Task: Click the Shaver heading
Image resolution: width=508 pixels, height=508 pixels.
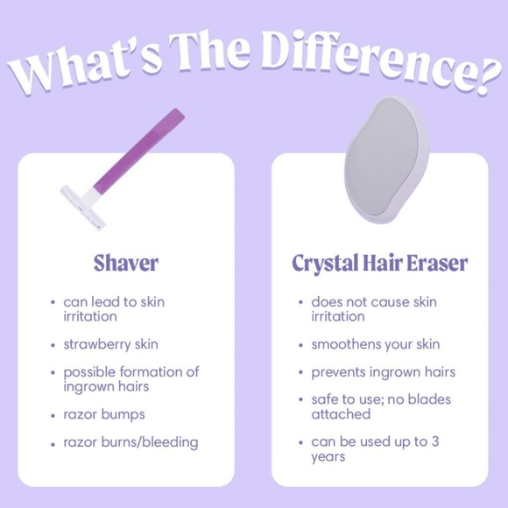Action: click(126, 263)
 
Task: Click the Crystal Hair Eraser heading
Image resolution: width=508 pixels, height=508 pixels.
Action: click(379, 263)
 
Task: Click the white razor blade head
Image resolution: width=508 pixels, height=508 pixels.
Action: click(84, 205)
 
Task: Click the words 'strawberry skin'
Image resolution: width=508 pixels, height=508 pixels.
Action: click(110, 344)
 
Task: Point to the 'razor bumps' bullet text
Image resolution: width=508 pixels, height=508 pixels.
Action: click(104, 413)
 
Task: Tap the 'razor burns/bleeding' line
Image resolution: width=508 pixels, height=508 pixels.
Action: click(131, 441)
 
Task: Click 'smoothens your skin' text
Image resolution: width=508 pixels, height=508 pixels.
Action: click(376, 344)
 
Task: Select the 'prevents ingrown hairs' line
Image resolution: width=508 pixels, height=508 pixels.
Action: click(383, 372)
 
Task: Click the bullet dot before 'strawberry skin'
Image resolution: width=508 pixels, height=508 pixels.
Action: click(53, 345)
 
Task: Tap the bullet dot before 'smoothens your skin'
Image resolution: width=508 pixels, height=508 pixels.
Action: click(301, 345)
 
